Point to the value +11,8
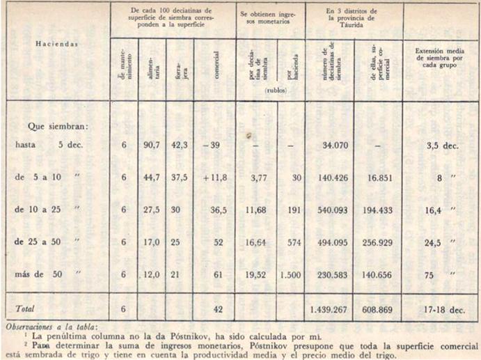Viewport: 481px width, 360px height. pos(214,178)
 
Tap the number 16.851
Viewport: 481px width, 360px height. pos(377,178)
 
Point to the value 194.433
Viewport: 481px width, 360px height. pos(377,210)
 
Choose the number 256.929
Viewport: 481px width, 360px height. pos(377,243)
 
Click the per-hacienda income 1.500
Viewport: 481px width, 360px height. pos(290,276)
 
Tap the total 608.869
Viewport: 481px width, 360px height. pos(377,306)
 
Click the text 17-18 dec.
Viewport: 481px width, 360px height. pos(439,306)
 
